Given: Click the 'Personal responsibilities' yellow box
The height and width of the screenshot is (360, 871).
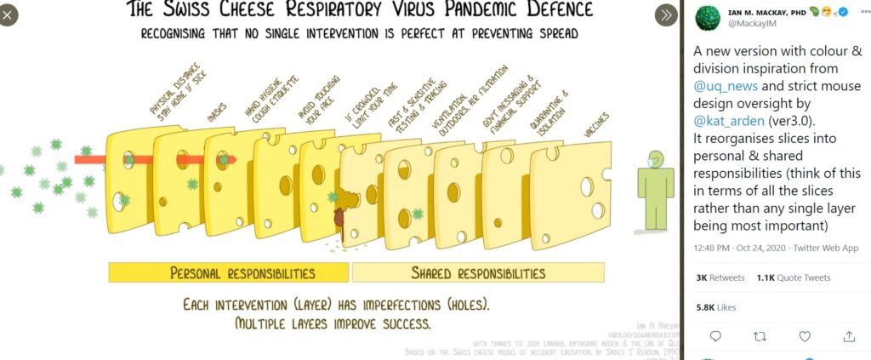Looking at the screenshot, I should click(x=229, y=273).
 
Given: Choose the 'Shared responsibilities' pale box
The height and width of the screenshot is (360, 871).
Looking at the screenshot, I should click(x=477, y=273).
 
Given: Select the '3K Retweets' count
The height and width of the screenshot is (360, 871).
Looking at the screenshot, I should click(x=720, y=277).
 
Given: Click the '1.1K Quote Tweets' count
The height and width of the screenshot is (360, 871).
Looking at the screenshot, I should click(x=793, y=277).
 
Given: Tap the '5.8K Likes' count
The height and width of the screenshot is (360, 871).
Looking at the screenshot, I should click(x=717, y=306).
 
